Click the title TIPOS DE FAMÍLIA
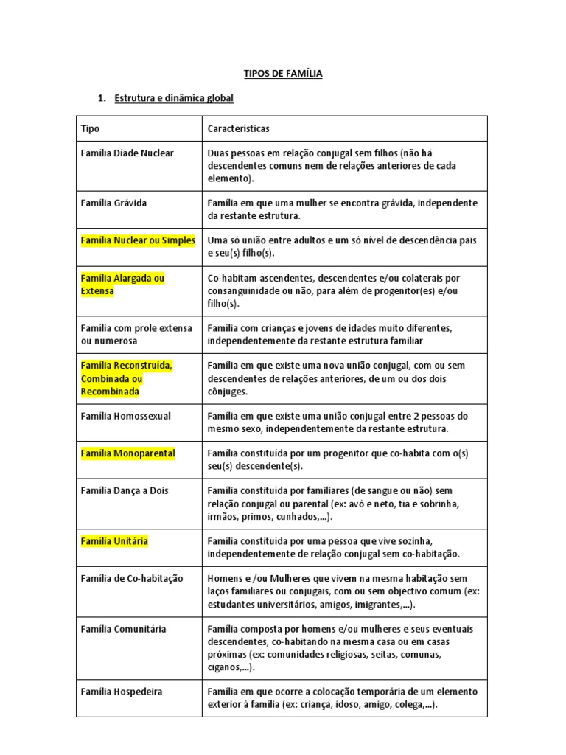pos(283,74)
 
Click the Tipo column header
pos(90,128)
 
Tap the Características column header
pos(239,128)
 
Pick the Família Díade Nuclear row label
pos(127,153)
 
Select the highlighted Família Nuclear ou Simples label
pos(138,240)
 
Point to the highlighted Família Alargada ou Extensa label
pos(122,284)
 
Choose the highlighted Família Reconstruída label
pos(127,378)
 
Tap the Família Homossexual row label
pos(125,416)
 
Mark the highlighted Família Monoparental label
pos(127,453)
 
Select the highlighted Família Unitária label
pos(114,541)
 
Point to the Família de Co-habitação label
pos(132,579)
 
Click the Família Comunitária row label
pos(123,629)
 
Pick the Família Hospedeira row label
pos(122,692)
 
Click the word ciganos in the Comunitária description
pos(223,667)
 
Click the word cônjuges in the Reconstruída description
pos(228,391)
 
